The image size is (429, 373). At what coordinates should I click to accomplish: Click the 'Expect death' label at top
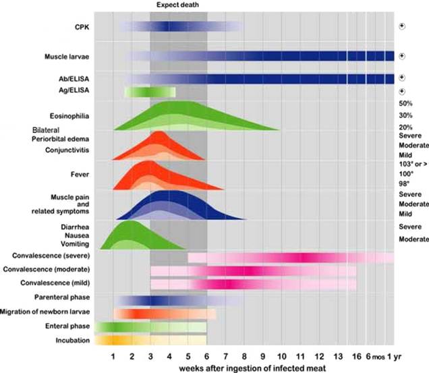(x=177, y=5)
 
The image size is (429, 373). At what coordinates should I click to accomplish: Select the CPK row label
(x=81, y=27)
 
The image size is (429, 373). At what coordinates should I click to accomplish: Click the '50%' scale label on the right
(x=406, y=103)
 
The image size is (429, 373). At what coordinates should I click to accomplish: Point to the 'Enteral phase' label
(x=67, y=326)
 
